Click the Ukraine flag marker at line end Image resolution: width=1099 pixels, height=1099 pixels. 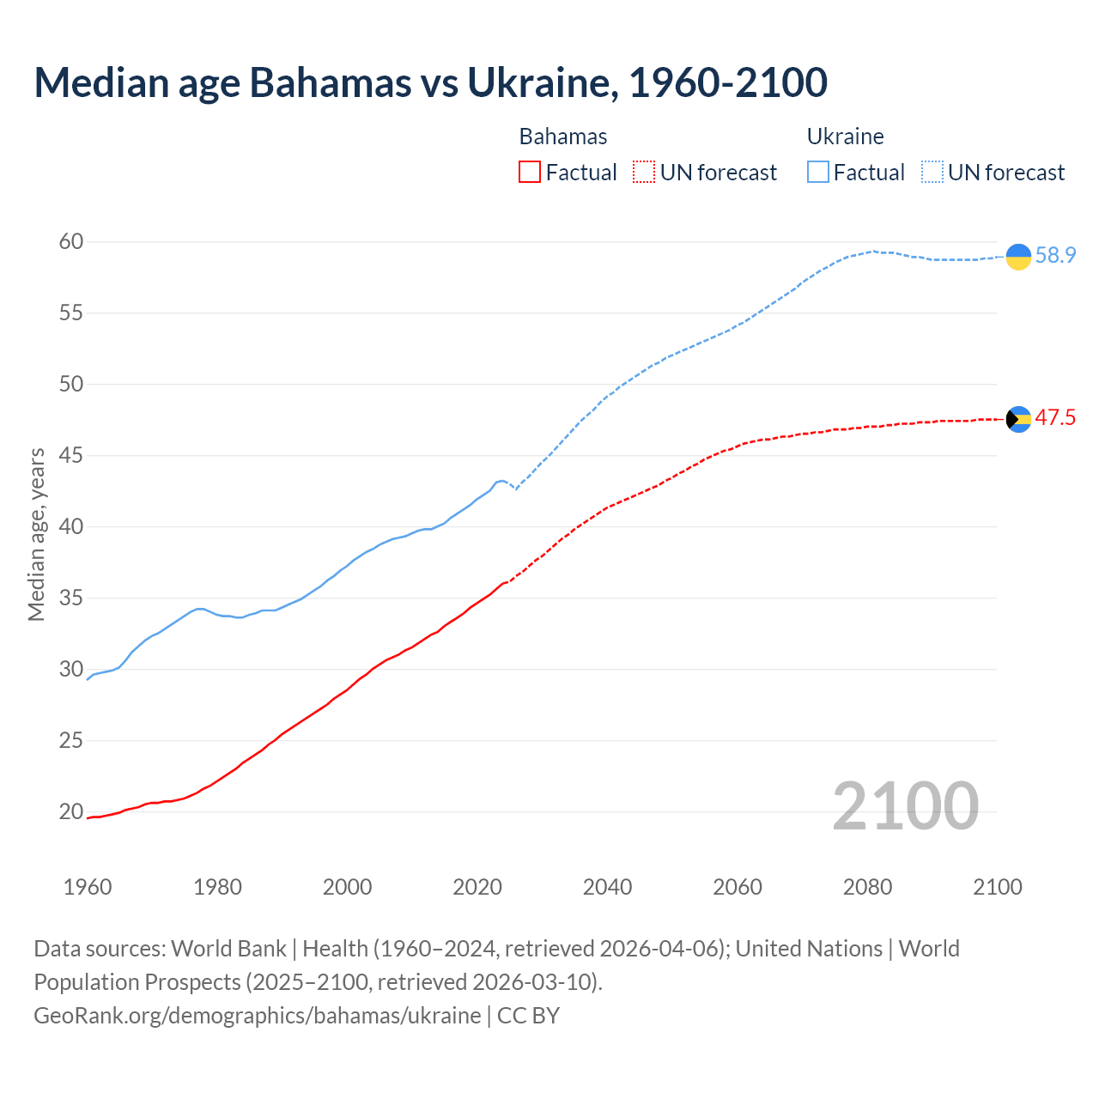[x=1018, y=256]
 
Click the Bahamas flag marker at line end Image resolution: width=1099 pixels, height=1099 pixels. [x=1018, y=419]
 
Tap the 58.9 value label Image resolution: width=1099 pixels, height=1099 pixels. [x=1055, y=256]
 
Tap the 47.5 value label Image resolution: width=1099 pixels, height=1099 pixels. [x=1055, y=418]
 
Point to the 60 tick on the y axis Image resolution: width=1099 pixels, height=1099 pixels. [x=71, y=242]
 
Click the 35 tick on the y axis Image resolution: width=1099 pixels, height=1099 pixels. [x=71, y=598]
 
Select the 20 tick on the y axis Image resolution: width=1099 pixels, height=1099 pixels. [x=71, y=811]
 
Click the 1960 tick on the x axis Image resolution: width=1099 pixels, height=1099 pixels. [x=88, y=887]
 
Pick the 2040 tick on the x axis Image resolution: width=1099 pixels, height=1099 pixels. [x=607, y=887]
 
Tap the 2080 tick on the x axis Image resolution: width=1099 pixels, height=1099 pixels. [x=867, y=887]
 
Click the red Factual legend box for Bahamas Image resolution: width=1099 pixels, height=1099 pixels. [x=530, y=173]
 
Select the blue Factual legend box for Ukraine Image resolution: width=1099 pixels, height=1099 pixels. [x=818, y=173]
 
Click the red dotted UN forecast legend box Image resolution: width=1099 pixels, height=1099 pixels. [x=644, y=173]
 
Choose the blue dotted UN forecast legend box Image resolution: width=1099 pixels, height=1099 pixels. [x=932, y=173]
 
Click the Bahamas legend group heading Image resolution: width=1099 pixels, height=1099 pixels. [x=563, y=137]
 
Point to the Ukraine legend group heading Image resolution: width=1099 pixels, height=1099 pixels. [x=846, y=137]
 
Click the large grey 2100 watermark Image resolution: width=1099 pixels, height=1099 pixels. [x=906, y=806]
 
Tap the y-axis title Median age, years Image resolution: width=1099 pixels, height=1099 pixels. [x=36, y=534]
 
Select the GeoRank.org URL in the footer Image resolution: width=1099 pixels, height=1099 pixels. [x=258, y=1016]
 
